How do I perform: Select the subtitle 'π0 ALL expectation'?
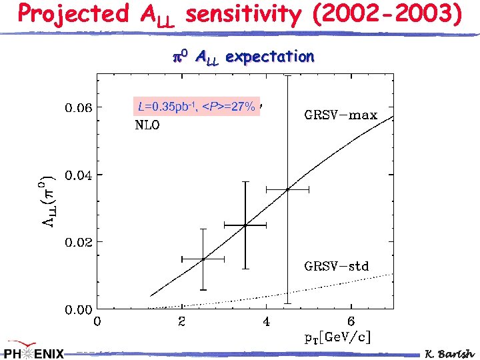(x=239, y=57)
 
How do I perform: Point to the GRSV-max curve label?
(x=341, y=115)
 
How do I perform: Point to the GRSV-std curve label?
(x=337, y=266)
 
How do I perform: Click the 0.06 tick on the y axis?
(x=79, y=107)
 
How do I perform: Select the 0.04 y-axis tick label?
(x=79, y=175)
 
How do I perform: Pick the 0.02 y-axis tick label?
(x=79, y=242)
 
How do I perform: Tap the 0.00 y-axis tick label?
(x=79, y=310)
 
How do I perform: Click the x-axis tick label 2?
(x=182, y=323)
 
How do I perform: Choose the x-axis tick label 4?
(x=267, y=323)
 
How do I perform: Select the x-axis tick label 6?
(x=351, y=323)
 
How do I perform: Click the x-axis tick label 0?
(x=97, y=323)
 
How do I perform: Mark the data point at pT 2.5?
(x=203, y=259)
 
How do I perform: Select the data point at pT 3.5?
(x=245, y=225)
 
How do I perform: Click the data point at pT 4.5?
(x=287, y=190)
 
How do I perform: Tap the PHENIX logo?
(x=33, y=352)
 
